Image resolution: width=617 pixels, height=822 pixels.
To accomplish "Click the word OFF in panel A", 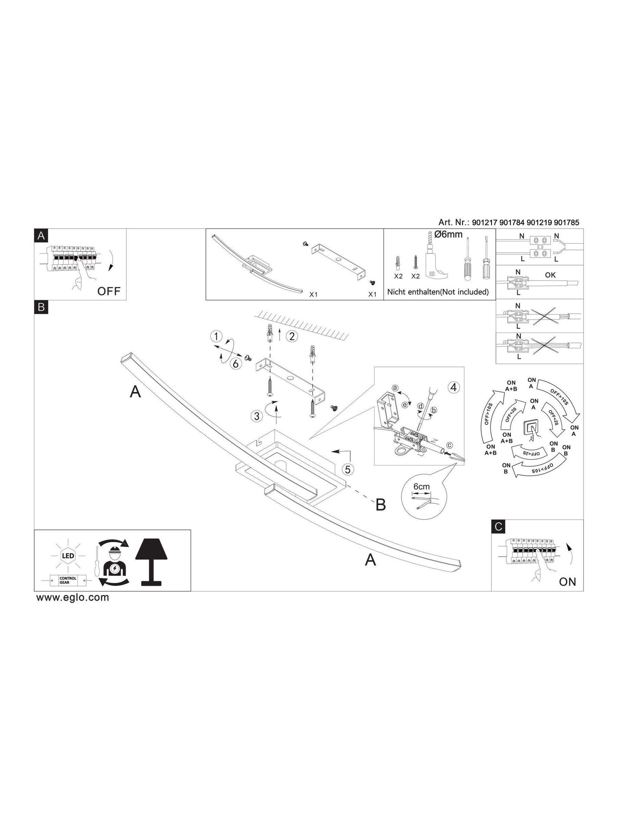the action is pyautogui.click(x=109, y=291).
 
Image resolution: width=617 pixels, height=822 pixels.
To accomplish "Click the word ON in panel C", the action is pyautogui.click(x=567, y=582).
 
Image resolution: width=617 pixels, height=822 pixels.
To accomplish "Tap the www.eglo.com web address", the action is pyautogui.click(x=73, y=598).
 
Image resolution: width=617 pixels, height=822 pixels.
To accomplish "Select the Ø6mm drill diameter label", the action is pyautogui.click(x=448, y=234).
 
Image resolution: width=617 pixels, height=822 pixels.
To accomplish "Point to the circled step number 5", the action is pyautogui.click(x=348, y=469).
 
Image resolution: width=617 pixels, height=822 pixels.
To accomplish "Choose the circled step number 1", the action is pyautogui.click(x=216, y=337).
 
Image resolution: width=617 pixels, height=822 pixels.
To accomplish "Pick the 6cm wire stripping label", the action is pyautogui.click(x=422, y=486).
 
